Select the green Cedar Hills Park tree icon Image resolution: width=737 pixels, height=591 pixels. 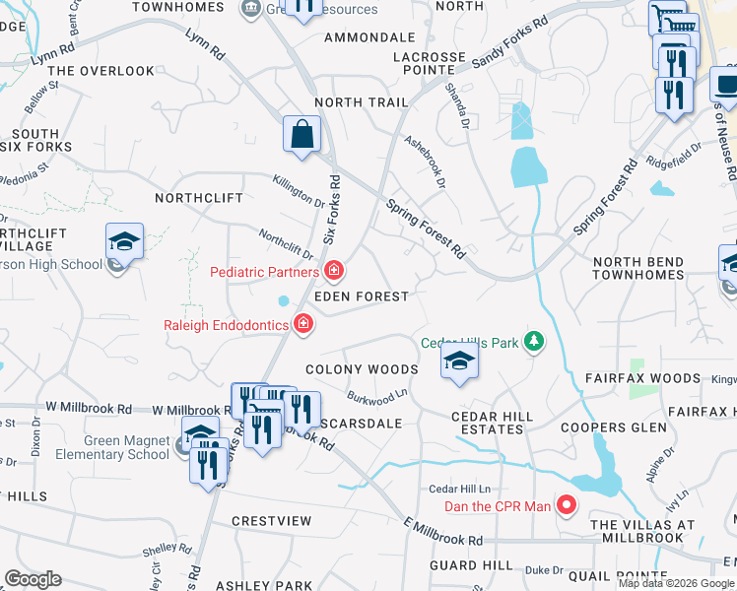534,343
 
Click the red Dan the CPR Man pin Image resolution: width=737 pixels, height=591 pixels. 567,506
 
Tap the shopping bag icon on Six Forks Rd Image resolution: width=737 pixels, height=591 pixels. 302,134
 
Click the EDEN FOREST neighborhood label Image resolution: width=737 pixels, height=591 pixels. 361,296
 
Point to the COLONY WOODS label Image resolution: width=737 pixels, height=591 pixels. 362,369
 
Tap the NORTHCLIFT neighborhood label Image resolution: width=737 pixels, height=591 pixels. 199,198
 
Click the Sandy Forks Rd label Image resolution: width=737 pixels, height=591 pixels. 508,42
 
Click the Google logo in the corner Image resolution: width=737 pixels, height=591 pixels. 33,579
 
